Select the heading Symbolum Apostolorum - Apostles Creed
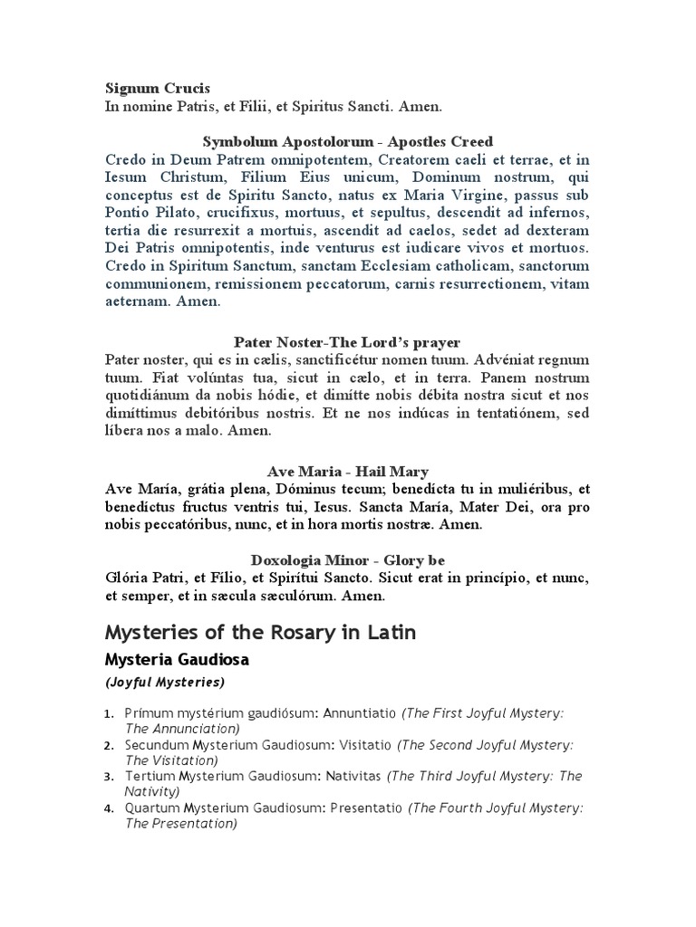(348, 141)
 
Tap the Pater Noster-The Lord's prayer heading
(347, 342)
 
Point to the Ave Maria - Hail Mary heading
(348, 472)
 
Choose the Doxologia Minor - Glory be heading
(348, 559)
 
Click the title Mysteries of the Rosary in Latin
(261, 632)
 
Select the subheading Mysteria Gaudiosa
(177, 660)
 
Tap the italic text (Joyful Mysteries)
(165, 682)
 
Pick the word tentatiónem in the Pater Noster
(520, 413)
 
